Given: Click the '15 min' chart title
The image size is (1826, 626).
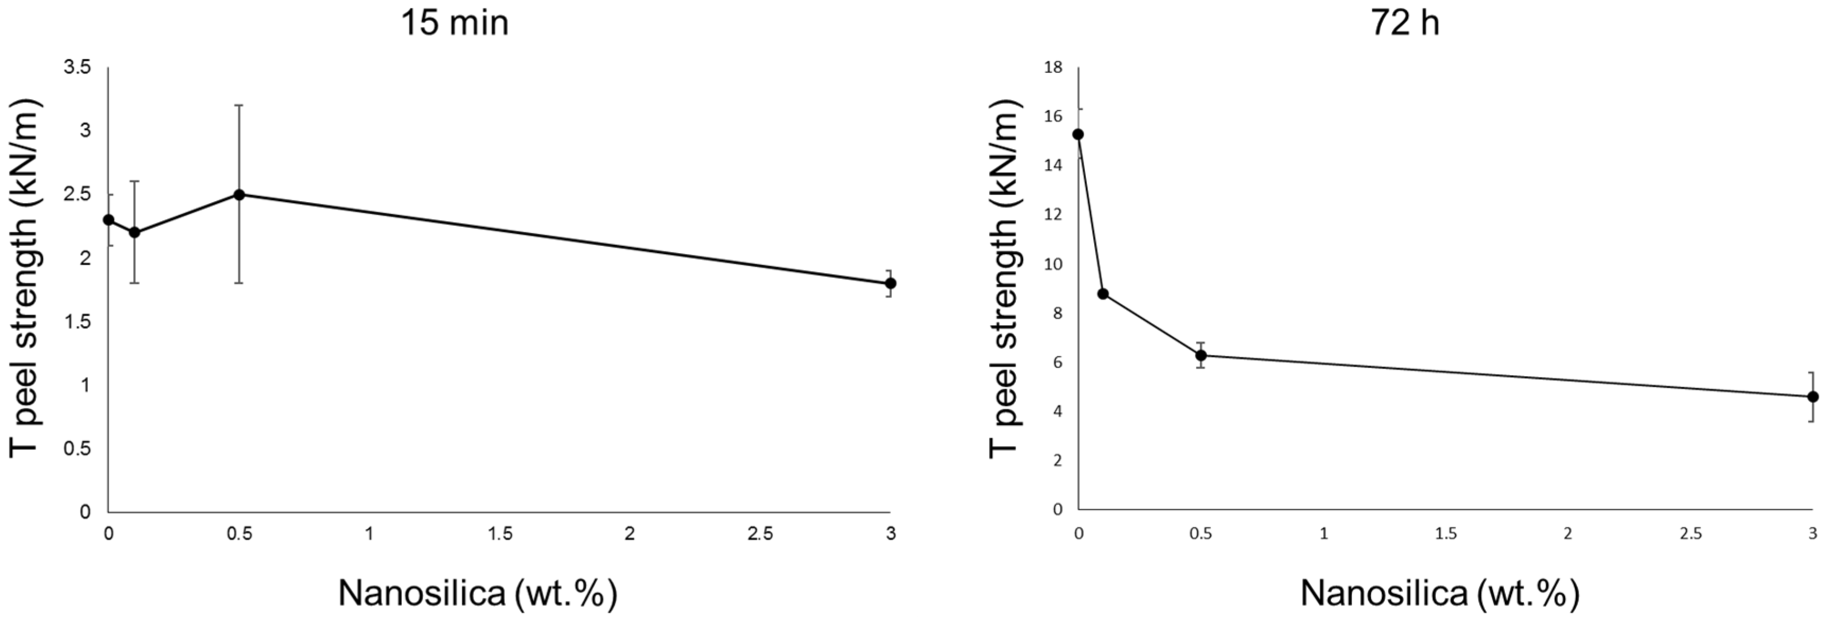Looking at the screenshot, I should [x=455, y=23].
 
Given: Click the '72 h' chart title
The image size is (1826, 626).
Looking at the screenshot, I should [x=1404, y=23].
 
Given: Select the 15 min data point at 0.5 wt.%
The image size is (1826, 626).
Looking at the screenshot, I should [x=239, y=194].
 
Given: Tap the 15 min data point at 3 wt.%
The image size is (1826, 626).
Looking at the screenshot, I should [x=890, y=283].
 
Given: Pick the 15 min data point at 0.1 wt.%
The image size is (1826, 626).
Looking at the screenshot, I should [x=135, y=232].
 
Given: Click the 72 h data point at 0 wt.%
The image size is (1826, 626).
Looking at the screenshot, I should [x=1078, y=134].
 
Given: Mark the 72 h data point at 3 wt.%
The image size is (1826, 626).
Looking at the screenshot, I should [x=1813, y=396].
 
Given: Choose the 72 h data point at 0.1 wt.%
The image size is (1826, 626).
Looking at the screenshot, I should [x=1103, y=293].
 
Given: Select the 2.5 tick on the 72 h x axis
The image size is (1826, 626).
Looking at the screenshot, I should [x=1691, y=533].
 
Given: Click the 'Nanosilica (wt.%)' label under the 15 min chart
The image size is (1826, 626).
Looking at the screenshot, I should [x=477, y=594].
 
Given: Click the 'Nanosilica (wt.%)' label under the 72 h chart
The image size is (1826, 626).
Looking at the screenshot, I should [x=1439, y=594].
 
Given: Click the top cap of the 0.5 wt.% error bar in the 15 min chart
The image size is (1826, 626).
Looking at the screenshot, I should [x=239, y=105].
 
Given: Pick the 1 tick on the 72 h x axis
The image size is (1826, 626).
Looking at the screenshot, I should [x=1323, y=533].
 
